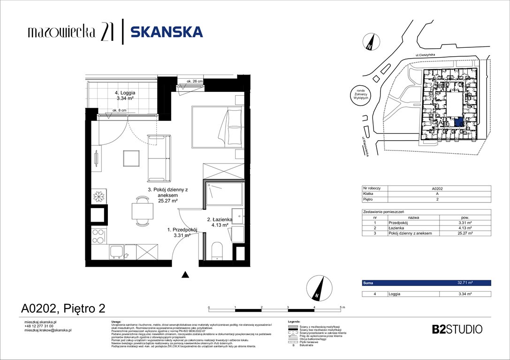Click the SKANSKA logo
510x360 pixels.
coord(167,31)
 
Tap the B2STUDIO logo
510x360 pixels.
coord(457,329)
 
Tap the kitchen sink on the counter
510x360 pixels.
coord(117,252)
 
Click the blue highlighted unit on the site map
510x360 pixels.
coord(459,122)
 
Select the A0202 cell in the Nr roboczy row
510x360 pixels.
coord(437,188)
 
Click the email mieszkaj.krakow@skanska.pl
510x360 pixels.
coord(47,330)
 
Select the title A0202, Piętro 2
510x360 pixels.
coord(63,308)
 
